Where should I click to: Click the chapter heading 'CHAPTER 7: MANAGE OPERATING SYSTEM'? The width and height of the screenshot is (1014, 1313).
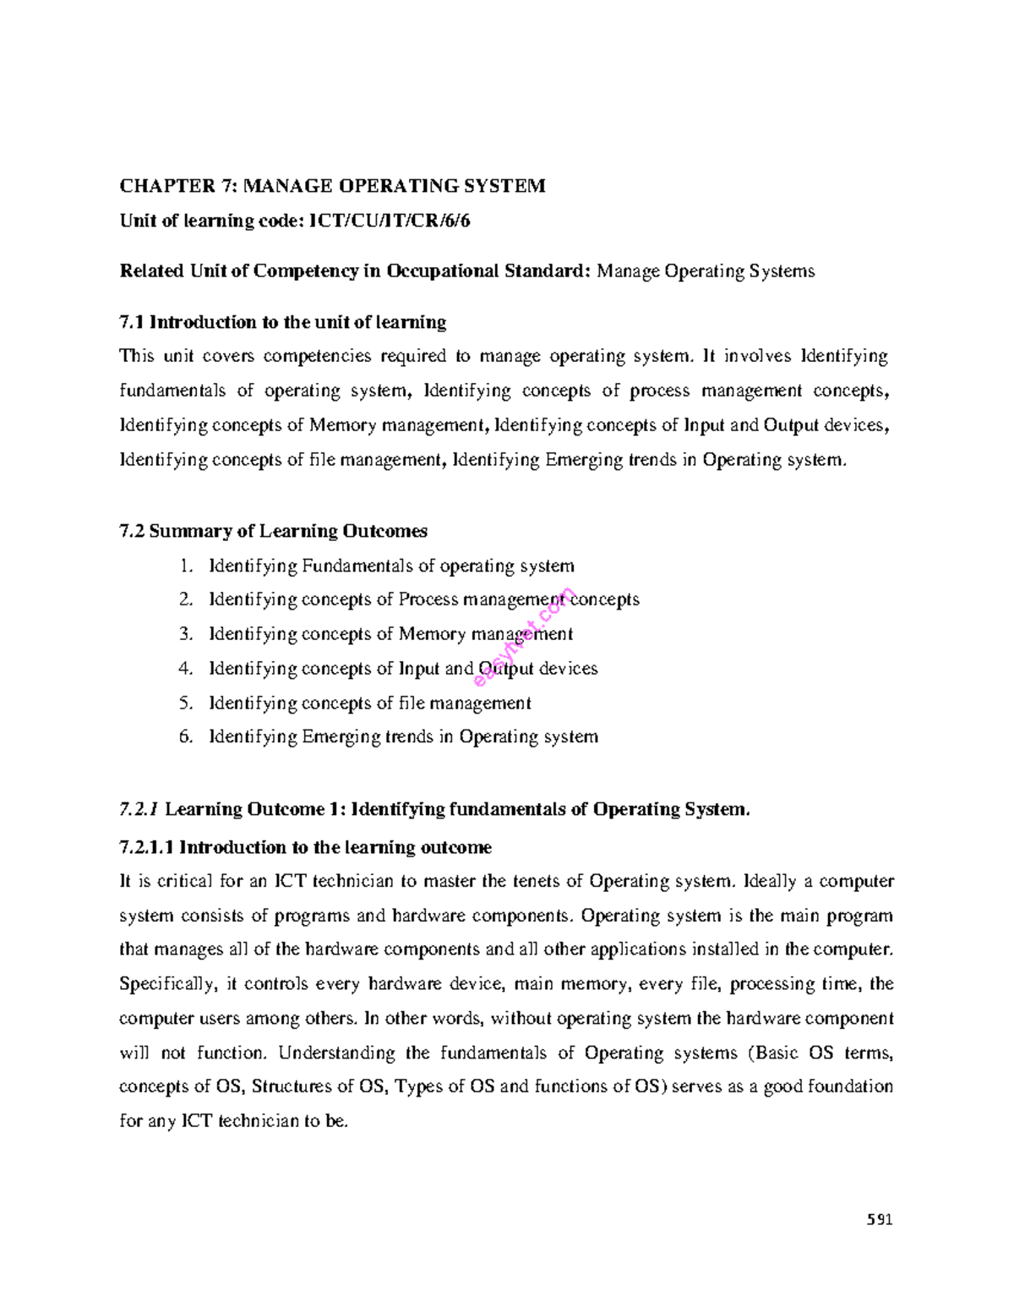point(332,186)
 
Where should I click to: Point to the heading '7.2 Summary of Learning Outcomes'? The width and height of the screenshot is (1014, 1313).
point(274,531)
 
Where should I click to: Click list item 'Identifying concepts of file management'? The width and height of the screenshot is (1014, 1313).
point(370,703)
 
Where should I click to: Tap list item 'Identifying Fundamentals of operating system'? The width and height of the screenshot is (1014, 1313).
point(391,566)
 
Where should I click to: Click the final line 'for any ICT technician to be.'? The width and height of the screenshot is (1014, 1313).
point(234,1122)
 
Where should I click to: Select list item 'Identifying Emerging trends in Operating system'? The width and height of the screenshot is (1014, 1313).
point(403,736)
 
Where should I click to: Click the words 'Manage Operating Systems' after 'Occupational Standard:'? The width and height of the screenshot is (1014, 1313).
point(706,271)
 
